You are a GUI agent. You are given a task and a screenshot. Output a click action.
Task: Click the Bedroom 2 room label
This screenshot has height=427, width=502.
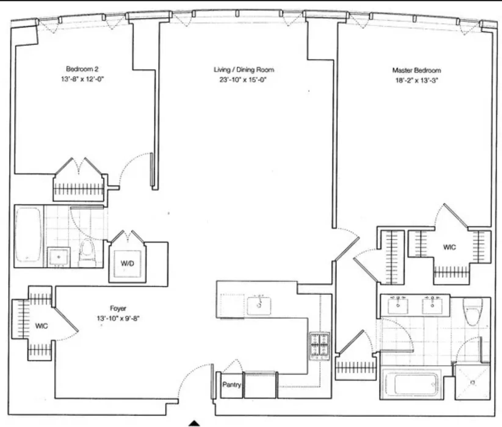tap(82, 69)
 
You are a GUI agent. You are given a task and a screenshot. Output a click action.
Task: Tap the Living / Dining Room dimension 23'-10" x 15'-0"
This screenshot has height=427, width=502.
tap(243, 80)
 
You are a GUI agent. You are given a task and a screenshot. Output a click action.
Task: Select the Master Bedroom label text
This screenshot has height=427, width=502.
tap(417, 71)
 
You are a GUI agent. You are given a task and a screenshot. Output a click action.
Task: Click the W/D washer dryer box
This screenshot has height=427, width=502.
tap(127, 263)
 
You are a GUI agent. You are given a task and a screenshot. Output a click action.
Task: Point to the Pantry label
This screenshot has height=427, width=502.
tap(232, 385)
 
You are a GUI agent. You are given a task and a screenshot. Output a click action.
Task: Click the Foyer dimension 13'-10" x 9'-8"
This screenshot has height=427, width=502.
tap(118, 318)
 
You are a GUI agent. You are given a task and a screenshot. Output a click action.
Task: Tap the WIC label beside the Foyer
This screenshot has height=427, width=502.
tap(42, 326)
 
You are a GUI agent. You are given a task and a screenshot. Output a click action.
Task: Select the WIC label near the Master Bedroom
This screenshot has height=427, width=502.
tap(449, 247)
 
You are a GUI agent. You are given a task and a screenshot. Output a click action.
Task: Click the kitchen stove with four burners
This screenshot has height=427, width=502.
tap(320, 346)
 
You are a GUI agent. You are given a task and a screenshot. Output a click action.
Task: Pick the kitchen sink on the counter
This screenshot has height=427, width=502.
tap(259, 306)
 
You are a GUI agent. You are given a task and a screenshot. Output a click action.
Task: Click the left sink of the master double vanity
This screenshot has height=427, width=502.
tap(398, 306)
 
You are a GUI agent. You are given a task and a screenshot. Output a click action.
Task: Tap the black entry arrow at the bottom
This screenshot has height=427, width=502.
tap(194, 423)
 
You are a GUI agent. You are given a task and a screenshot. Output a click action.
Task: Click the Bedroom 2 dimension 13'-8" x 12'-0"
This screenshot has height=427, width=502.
tap(82, 79)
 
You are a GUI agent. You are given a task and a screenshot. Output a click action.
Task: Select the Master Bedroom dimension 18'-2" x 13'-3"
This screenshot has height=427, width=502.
tap(417, 81)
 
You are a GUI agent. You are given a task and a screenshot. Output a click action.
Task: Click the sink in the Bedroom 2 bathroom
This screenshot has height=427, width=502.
tap(59, 257)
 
